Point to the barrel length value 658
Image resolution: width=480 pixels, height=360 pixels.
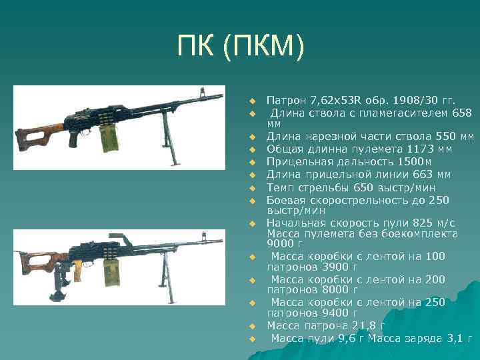click(x=461, y=113)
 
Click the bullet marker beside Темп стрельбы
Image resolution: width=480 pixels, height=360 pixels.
click(x=253, y=187)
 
